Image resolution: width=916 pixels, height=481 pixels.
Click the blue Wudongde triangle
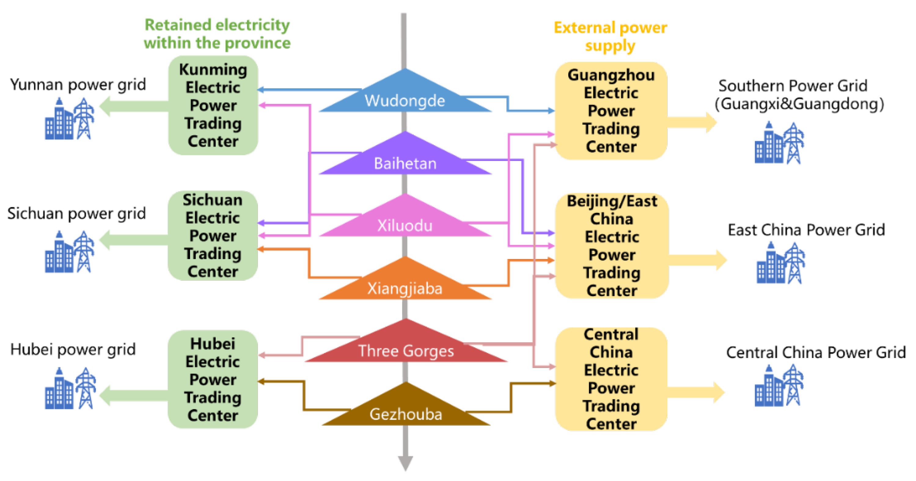click(x=405, y=96)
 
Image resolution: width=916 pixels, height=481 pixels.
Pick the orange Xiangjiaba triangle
click(x=405, y=284)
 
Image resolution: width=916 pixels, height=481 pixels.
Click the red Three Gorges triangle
click(x=406, y=347)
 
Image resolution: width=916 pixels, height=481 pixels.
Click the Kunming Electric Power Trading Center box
click(x=213, y=105)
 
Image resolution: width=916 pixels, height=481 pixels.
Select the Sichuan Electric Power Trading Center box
click(x=213, y=236)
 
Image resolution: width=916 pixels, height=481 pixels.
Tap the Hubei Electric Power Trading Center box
click(x=213, y=379)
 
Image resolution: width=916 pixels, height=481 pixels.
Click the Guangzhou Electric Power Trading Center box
click(x=611, y=111)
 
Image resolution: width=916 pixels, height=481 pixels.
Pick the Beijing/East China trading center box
click(x=612, y=246)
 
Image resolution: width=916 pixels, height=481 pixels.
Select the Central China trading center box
click(x=611, y=379)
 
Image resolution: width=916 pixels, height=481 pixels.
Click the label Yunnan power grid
click(x=78, y=85)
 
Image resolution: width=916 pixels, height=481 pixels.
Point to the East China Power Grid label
click(x=806, y=230)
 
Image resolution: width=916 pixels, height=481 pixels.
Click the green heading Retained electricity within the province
click(x=217, y=34)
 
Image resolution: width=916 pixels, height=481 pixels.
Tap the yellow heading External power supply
click(x=610, y=37)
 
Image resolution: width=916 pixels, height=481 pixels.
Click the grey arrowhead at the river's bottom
click(x=405, y=462)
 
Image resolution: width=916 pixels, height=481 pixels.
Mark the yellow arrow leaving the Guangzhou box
click(x=692, y=122)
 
